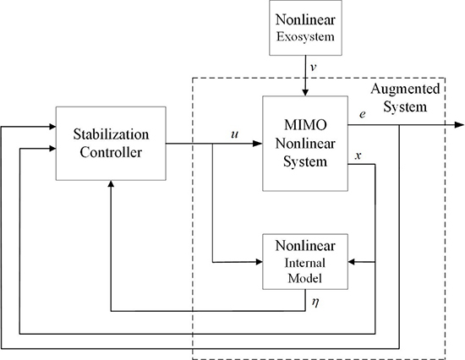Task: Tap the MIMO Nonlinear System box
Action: (304, 142)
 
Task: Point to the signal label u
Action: (234, 134)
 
